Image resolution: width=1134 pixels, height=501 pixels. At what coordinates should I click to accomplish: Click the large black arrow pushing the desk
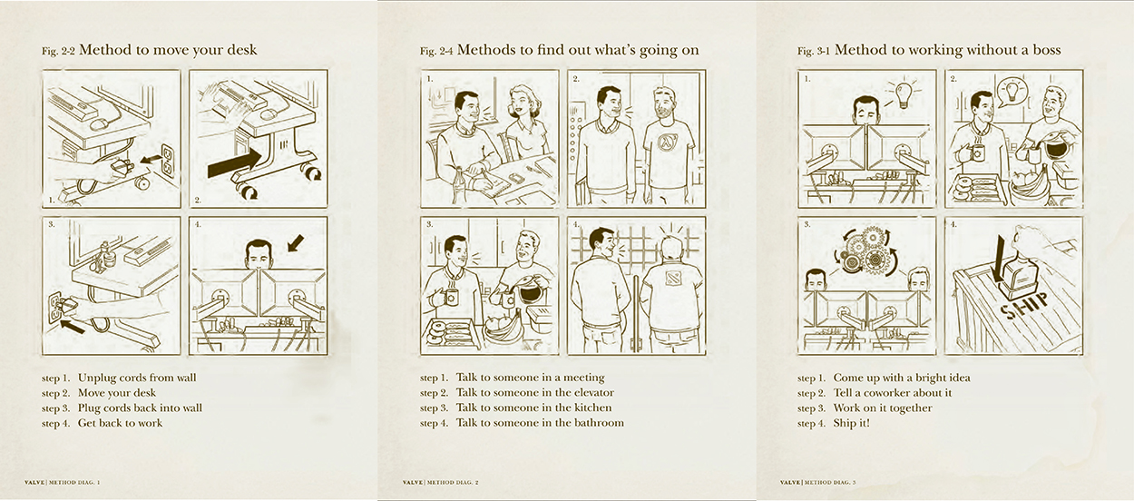coord(234,163)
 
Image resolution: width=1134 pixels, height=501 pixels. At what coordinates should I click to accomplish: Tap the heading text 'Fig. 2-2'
coord(58,51)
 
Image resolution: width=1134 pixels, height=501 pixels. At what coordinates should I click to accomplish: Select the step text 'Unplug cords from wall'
coord(137,378)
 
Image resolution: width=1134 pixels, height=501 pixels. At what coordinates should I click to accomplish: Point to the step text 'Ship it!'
coord(852,423)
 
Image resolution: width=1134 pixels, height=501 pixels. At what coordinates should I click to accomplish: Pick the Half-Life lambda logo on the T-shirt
coord(665,144)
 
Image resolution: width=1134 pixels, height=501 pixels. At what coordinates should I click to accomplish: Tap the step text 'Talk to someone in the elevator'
coord(535,393)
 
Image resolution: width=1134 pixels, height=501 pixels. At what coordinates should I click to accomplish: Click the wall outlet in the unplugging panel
coord(168,160)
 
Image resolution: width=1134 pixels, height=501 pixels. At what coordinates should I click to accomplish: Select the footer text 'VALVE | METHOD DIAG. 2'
coord(440,482)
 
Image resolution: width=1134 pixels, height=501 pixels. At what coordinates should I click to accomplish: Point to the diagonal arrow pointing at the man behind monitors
coord(295,242)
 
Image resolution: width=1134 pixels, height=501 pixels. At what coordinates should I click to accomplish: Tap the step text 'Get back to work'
coord(120,423)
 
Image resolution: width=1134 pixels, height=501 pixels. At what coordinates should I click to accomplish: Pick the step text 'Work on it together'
coord(883,408)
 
